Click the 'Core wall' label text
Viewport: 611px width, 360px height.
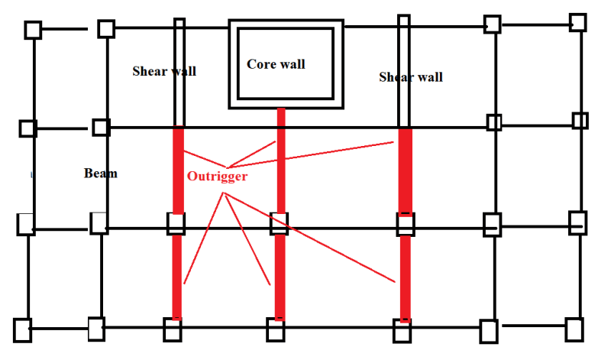(x=276, y=64)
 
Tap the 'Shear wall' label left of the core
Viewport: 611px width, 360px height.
(x=164, y=71)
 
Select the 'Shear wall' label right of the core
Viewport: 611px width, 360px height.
(x=411, y=77)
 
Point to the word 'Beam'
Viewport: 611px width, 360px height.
(x=101, y=174)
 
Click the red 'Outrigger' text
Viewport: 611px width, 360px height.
(x=218, y=176)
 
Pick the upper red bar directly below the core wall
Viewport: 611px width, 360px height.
(x=281, y=161)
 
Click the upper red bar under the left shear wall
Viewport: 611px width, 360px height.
(x=178, y=170)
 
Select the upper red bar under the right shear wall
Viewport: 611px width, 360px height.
(x=406, y=171)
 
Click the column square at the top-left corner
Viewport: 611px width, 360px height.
(x=32, y=31)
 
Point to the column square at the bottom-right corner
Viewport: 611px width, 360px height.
(x=574, y=329)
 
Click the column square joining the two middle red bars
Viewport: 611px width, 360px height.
(x=279, y=223)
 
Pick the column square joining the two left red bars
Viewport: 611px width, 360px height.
(x=176, y=224)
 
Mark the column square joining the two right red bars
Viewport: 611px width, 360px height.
(x=405, y=225)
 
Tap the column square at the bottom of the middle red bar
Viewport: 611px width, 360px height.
(x=276, y=330)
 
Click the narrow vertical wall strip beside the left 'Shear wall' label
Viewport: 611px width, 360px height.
(x=179, y=73)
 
